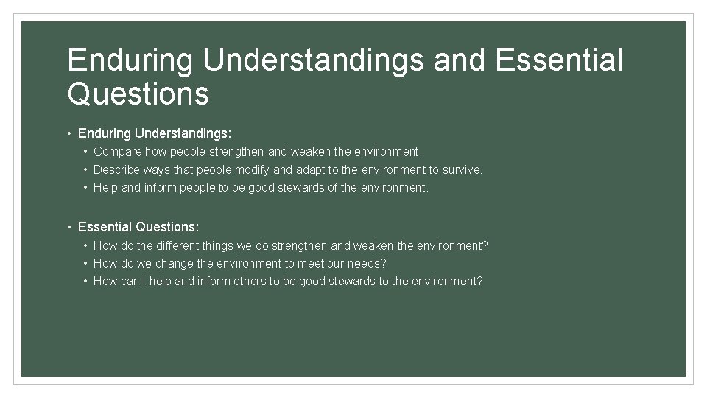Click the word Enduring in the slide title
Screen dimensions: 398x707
click(x=130, y=60)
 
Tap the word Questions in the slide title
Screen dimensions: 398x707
click(x=138, y=94)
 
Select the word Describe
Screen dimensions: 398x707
click(x=117, y=170)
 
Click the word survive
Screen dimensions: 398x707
click(x=462, y=170)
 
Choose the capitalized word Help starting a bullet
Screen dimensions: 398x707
click(x=105, y=187)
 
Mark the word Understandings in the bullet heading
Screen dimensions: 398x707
click(x=183, y=134)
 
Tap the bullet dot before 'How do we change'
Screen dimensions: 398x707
click(x=86, y=263)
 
